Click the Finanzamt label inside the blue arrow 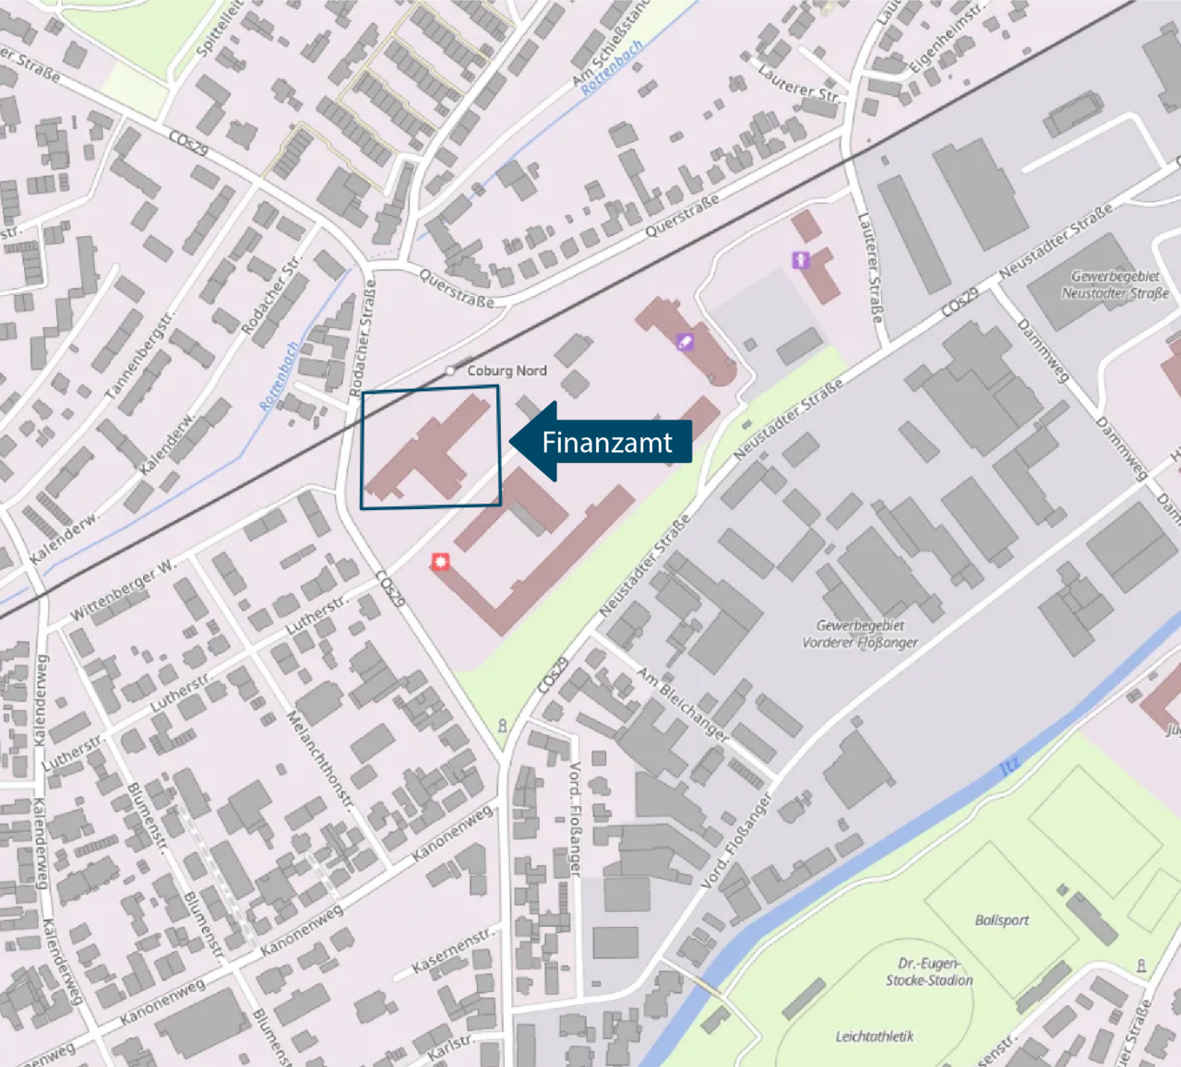click(606, 443)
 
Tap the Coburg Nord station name click(507, 371)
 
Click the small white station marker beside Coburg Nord click(450, 371)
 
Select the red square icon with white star click(441, 562)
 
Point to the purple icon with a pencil click(685, 342)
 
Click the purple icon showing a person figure click(800, 260)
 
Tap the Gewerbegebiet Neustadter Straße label click(1115, 285)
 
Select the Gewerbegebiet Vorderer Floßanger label click(860, 634)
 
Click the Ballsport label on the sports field click(1001, 920)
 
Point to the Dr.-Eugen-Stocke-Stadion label click(929, 972)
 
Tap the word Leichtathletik click(874, 1037)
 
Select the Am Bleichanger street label click(683, 705)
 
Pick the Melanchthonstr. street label click(320, 760)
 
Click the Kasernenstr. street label click(452, 950)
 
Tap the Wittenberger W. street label click(122, 589)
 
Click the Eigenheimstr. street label click(947, 38)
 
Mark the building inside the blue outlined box click(431, 449)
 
